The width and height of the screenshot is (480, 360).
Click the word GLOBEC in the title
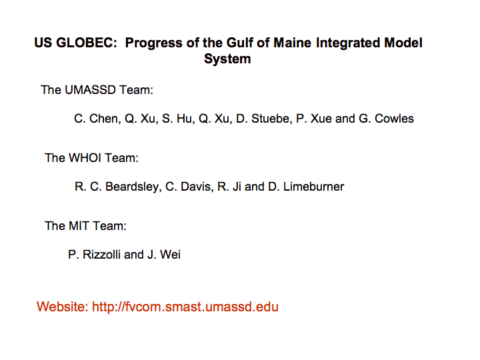tap(87, 43)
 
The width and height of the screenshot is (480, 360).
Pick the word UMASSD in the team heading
tap(90, 90)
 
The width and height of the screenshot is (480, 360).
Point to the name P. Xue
tap(314, 119)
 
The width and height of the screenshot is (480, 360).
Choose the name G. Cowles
tap(386, 119)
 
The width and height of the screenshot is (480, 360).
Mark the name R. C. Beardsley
tap(118, 187)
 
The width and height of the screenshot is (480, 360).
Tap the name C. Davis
tap(189, 187)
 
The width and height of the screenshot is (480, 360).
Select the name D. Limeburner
tap(306, 187)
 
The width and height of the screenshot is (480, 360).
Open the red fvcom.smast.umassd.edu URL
tap(185, 307)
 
